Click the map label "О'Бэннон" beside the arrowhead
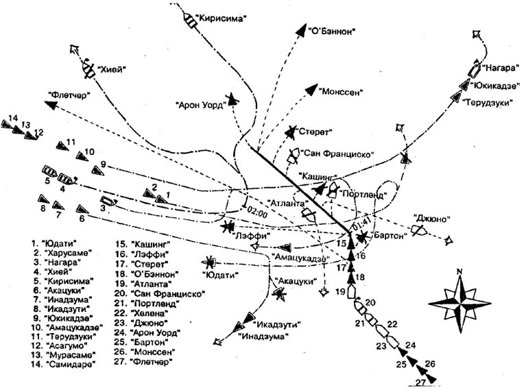click(x=334, y=30)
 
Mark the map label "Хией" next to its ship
click(x=113, y=69)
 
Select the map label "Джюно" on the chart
click(x=432, y=219)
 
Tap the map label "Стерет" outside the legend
click(x=315, y=130)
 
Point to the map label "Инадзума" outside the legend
click(x=263, y=336)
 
